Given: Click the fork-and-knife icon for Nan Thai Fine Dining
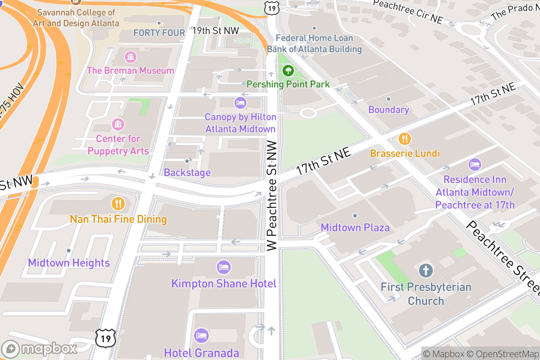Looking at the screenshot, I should click(x=118, y=204).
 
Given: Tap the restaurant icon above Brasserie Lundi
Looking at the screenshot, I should click(x=405, y=139).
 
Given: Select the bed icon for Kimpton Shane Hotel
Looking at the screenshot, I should click(x=223, y=267).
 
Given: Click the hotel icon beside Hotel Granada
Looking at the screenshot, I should click(x=201, y=336).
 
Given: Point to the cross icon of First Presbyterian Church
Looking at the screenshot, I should click(x=426, y=271).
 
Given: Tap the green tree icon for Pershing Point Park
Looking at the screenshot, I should click(x=288, y=71).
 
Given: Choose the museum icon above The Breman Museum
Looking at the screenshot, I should click(x=130, y=57).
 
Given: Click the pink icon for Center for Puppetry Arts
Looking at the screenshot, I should click(x=118, y=124).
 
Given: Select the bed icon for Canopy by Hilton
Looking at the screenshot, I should click(x=240, y=103).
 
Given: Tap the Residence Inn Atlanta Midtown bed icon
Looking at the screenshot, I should click(x=475, y=165).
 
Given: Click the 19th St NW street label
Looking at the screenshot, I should click(x=215, y=31).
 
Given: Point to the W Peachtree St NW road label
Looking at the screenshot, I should click(x=271, y=194).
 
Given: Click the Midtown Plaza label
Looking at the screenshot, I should click(x=355, y=227).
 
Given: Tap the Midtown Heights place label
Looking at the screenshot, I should click(x=69, y=263).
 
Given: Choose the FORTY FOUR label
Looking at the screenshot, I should click(x=159, y=33).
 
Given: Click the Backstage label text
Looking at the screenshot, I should click(x=187, y=172).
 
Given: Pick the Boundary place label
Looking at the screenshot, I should click(x=388, y=110).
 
